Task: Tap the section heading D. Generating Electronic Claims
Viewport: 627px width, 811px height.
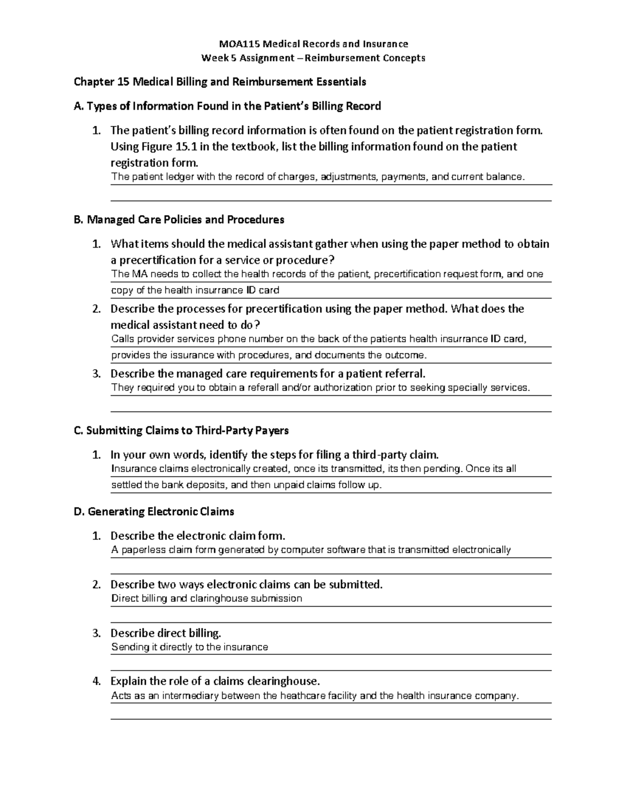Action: pyautogui.click(x=154, y=512)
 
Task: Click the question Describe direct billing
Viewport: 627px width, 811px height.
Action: pyautogui.click(x=166, y=633)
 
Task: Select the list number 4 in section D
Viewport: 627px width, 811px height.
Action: pyautogui.click(x=96, y=681)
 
